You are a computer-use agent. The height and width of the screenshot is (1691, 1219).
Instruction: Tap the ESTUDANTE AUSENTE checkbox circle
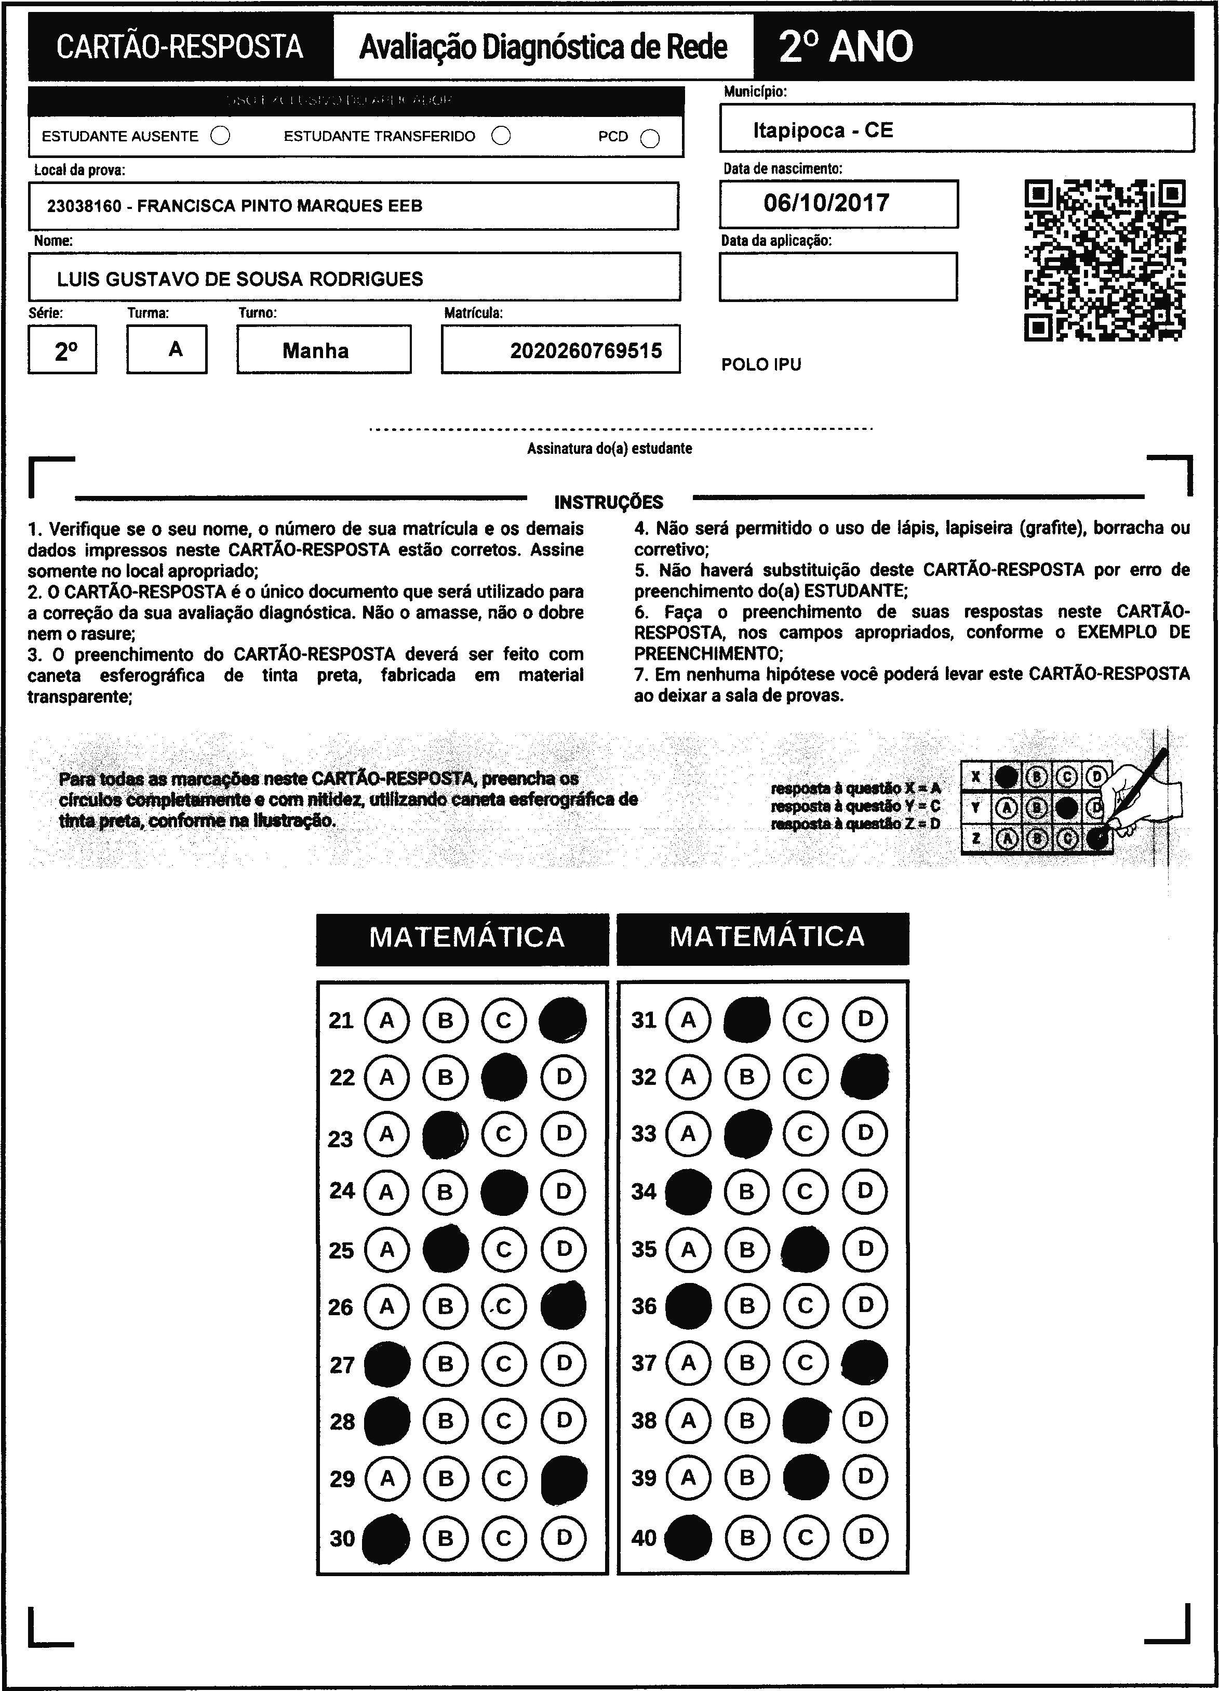tap(221, 136)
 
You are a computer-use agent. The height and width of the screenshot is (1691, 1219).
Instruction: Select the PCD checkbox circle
tap(650, 139)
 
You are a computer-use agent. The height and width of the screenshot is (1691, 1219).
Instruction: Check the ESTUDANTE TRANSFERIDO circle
tap(501, 136)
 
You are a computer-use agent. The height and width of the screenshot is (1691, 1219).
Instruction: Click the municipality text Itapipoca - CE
tap(823, 130)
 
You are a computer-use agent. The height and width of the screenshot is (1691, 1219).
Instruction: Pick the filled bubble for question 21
tap(562, 1020)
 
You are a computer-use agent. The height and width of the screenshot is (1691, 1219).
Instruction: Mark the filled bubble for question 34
tap(688, 1191)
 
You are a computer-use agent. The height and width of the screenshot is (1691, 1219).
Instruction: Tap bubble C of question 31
tap(806, 1019)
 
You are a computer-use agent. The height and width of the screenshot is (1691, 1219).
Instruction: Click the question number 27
tap(342, 1365)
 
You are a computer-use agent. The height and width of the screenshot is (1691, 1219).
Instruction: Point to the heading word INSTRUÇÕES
tap(608, 502)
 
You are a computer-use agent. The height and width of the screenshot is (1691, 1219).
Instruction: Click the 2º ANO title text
tap(845, 47)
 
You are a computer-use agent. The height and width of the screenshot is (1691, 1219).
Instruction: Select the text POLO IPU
tap(761, 364)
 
